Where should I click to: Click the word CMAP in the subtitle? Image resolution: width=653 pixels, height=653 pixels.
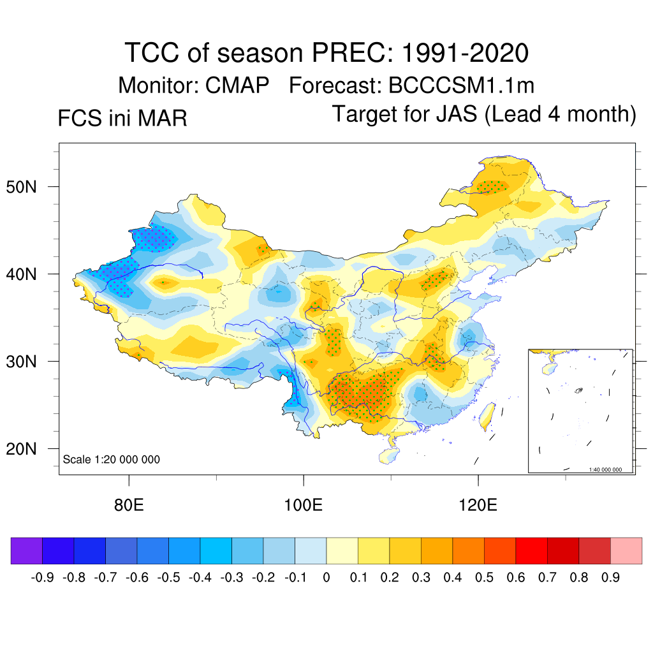click(237, 85)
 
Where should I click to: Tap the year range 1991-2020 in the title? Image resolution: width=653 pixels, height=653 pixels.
click(466, 53)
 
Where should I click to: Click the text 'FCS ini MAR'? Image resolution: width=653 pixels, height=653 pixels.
click(122, 119)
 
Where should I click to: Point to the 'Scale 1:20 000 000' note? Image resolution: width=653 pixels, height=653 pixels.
click(112, 460)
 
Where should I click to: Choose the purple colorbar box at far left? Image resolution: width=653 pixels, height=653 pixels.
click(26, 551)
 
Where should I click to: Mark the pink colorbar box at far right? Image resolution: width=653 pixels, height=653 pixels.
click(626, 551)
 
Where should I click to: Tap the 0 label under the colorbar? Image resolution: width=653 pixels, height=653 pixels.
click(326, 578)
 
